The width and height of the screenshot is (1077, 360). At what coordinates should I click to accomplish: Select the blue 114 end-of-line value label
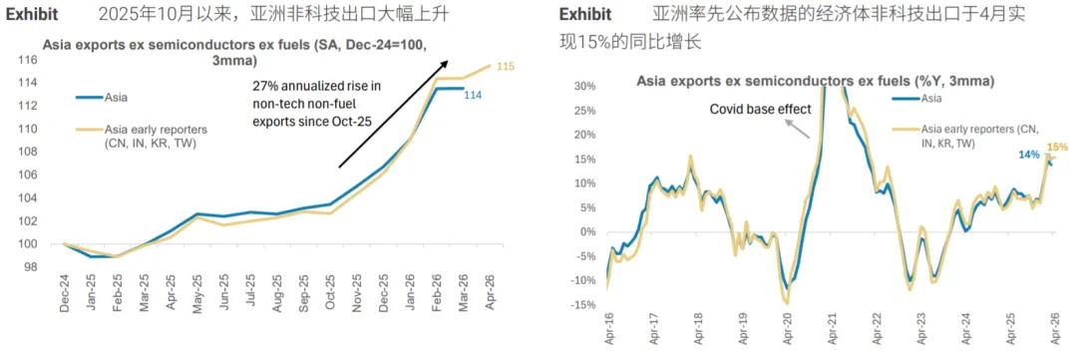pyautogui.click(x=473, y=95)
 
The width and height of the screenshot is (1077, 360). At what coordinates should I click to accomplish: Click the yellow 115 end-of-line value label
pyautogui.click(x=505, y=67)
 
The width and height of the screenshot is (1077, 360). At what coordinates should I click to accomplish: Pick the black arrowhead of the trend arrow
pyautogui.click(x=445, y=63)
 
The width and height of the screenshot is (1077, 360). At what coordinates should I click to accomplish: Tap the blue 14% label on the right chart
pyautogui.click(x=1028, y=155)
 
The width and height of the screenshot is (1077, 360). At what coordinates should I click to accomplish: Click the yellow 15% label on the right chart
pyautogui.click(x=1058, y=147)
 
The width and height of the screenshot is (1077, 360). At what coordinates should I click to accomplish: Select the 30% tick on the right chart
pyautogui.click(x=586, y=86)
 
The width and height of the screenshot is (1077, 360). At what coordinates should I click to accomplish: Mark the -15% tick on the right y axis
pyautogui.click(x=583, y=304)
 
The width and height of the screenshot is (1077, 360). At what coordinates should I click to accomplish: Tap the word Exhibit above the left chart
pyautogui.click(x=32, y=14)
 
